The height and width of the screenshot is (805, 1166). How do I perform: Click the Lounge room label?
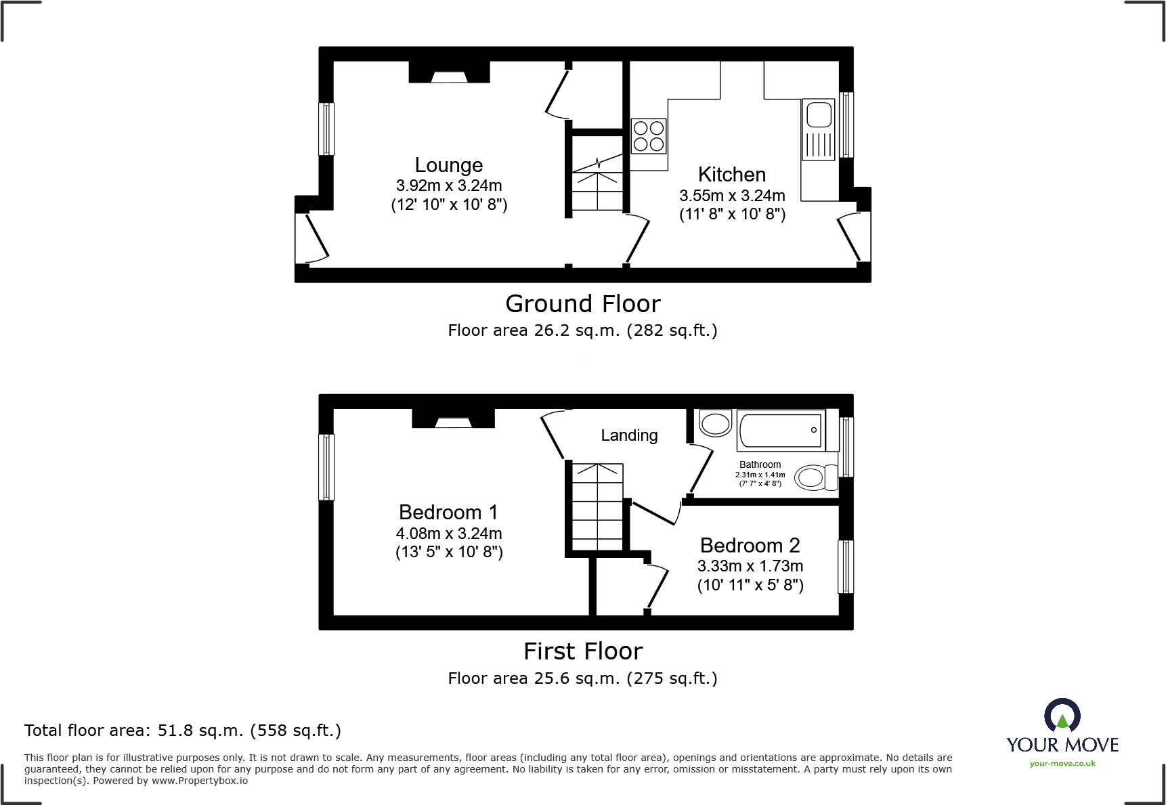(448, 165)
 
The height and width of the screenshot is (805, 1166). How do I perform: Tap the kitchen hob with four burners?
(649, 136)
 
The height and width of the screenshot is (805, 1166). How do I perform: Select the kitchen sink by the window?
(819, 129)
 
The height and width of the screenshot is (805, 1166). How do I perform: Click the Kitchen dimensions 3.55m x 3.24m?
(732, 196)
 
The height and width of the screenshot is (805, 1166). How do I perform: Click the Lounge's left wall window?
(326, 129)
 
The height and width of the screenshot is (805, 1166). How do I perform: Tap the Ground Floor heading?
(582, 304)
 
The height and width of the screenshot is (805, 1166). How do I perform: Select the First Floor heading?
(582, 651)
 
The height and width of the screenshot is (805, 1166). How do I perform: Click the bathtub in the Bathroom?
(780, 431)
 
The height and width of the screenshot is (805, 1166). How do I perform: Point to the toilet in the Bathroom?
(815, 477)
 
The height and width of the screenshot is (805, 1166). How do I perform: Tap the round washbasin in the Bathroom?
(715, 424)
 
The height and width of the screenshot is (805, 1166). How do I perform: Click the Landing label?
(629, 435)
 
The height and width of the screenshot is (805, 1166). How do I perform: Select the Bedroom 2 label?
(750, 545)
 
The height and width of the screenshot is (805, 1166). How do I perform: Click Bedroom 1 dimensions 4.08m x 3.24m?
(449, 534)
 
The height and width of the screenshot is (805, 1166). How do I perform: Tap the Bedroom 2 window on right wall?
(846, 566)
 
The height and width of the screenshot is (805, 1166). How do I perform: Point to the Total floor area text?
(182, 731)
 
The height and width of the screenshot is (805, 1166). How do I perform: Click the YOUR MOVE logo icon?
(1062, 716)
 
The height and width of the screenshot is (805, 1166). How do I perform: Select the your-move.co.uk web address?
(1062, 764)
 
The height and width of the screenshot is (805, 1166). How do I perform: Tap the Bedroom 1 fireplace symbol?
(453, 420)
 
